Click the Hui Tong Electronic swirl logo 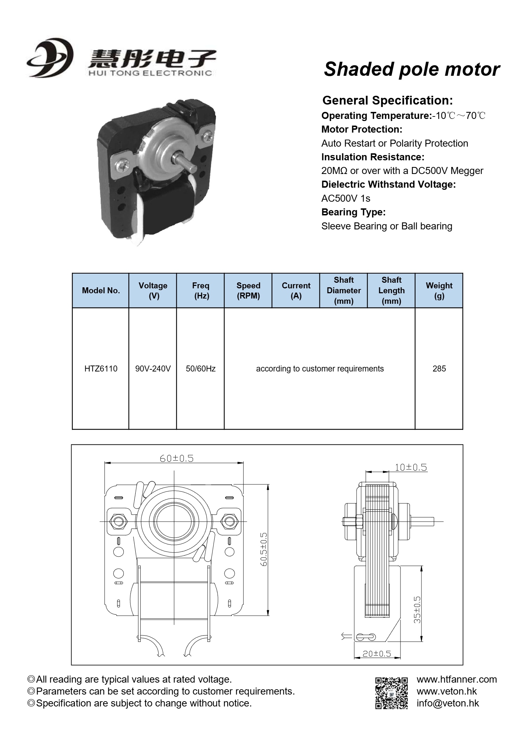pyautogui.click(x=50, y=58)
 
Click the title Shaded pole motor pyautogui.click(x=412, y=69)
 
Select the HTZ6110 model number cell pyautogui.click(x=101, y=369)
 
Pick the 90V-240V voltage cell pyautogui.click(x=153, y=369)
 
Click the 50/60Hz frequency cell pyautogui.click(x=201, y=369)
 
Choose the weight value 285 pyautogui.click(x=439, y=369)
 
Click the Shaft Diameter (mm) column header pyautogui.click(x=344, y=290)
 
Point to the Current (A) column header pyautogui.click(x=296, y=290)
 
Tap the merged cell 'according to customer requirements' pyautogui.click(x=320, y=369)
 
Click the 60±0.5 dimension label pyautogui.click(x=177, y=458)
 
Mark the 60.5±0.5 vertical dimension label pyautogui.click(x=264, y=549)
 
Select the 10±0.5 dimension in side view pyautogui.click(x=411, y=467)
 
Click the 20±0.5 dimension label pyautogui.click(x=377, y=653)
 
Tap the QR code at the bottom pyautogui.click(x=391, y=693)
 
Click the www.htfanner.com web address pyautogui.click(x=457, y=679)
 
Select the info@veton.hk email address pyautogui.click(x=447, y=703)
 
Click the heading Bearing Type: pyautogui.click(x=353, y=212)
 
